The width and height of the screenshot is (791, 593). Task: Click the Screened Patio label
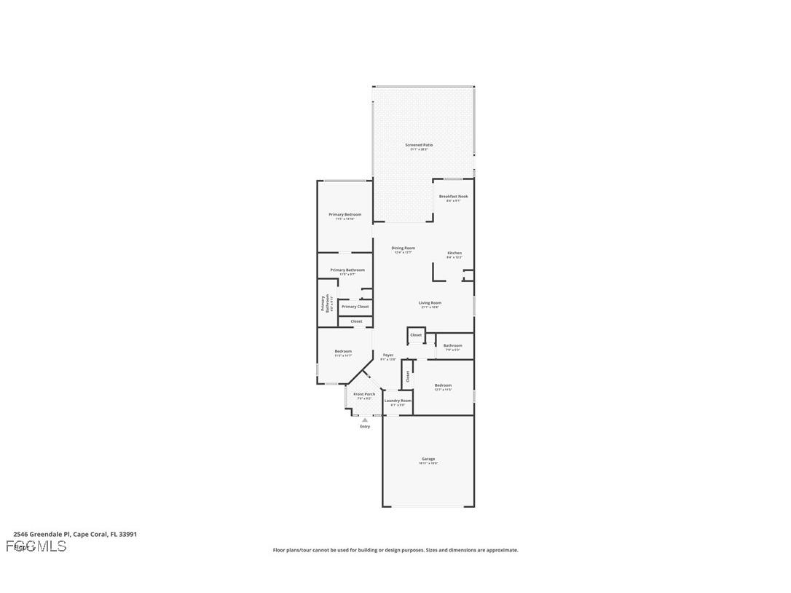pyautogui.click(x=419, y=145)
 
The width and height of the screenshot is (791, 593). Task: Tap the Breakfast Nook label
pyautogui.click(x=453, y=197)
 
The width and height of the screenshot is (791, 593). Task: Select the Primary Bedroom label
pyautogui.click(x=345, y=215)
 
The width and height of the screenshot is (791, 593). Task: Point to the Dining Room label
pyautogui.click(x=403, y=248)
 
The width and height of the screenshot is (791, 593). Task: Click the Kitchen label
pyautogui.click(x=454, y=254)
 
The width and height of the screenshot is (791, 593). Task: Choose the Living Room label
pyautogui.click(x=430, y=303)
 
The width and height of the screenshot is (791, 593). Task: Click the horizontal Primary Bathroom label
pyautogui.click(x=347, y=270)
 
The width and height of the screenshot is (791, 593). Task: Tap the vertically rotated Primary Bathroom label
pyautogui.click(x=324, y=303)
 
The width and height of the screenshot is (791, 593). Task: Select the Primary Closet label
pyautogui.click(x=355, y=307)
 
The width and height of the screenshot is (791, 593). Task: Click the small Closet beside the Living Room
pyautogui.click(x=416, y=335)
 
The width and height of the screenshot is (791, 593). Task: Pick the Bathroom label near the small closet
pyautogui.click(x=452, y=346)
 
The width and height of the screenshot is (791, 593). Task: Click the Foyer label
pyautogui.click(x=388, y=356)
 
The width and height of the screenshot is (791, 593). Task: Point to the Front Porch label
pyautogui.click(x=364, y=394)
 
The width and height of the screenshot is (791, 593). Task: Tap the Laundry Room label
pyautogui.click(x=398, y=401)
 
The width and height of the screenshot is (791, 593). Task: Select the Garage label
pyautogui.click(x=428, y=459)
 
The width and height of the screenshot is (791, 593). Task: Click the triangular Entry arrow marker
pyautogui.click(x=365, y=420)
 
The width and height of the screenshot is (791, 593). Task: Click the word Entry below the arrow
pyautogui.click(x=365, y=427)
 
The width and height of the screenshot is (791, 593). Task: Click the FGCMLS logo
pyautogui.click(x=36, y=546)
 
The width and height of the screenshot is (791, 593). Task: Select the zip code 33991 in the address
pyautogui.click(x=128, y=534)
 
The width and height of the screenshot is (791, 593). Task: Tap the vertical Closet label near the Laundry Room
pyautogui.click(x=408, y=376)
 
